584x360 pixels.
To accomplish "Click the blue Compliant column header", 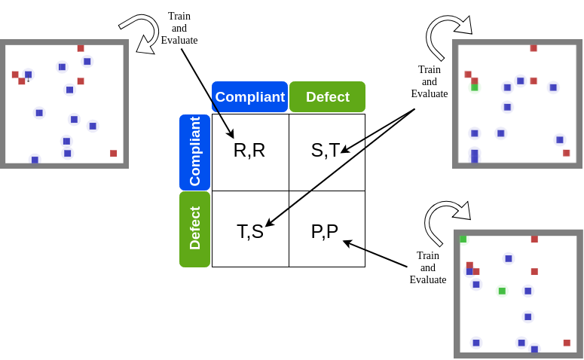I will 249,97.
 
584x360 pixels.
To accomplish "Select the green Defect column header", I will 327,97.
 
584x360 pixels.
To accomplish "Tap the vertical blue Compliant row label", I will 194,151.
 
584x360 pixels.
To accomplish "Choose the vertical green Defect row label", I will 194,228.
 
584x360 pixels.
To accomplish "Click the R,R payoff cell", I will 249,151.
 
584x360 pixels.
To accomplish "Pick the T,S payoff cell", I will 250,231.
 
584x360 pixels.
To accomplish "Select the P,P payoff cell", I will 325,231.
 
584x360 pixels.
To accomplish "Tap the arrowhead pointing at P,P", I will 347,242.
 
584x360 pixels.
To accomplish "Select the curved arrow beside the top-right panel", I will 445,36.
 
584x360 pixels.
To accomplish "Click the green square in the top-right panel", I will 475,87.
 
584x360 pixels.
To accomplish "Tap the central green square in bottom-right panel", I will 502,291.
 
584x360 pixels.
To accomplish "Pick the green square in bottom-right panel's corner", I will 463,239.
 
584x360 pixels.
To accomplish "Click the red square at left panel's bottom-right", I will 114,154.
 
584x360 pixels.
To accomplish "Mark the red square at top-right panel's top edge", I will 534,48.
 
